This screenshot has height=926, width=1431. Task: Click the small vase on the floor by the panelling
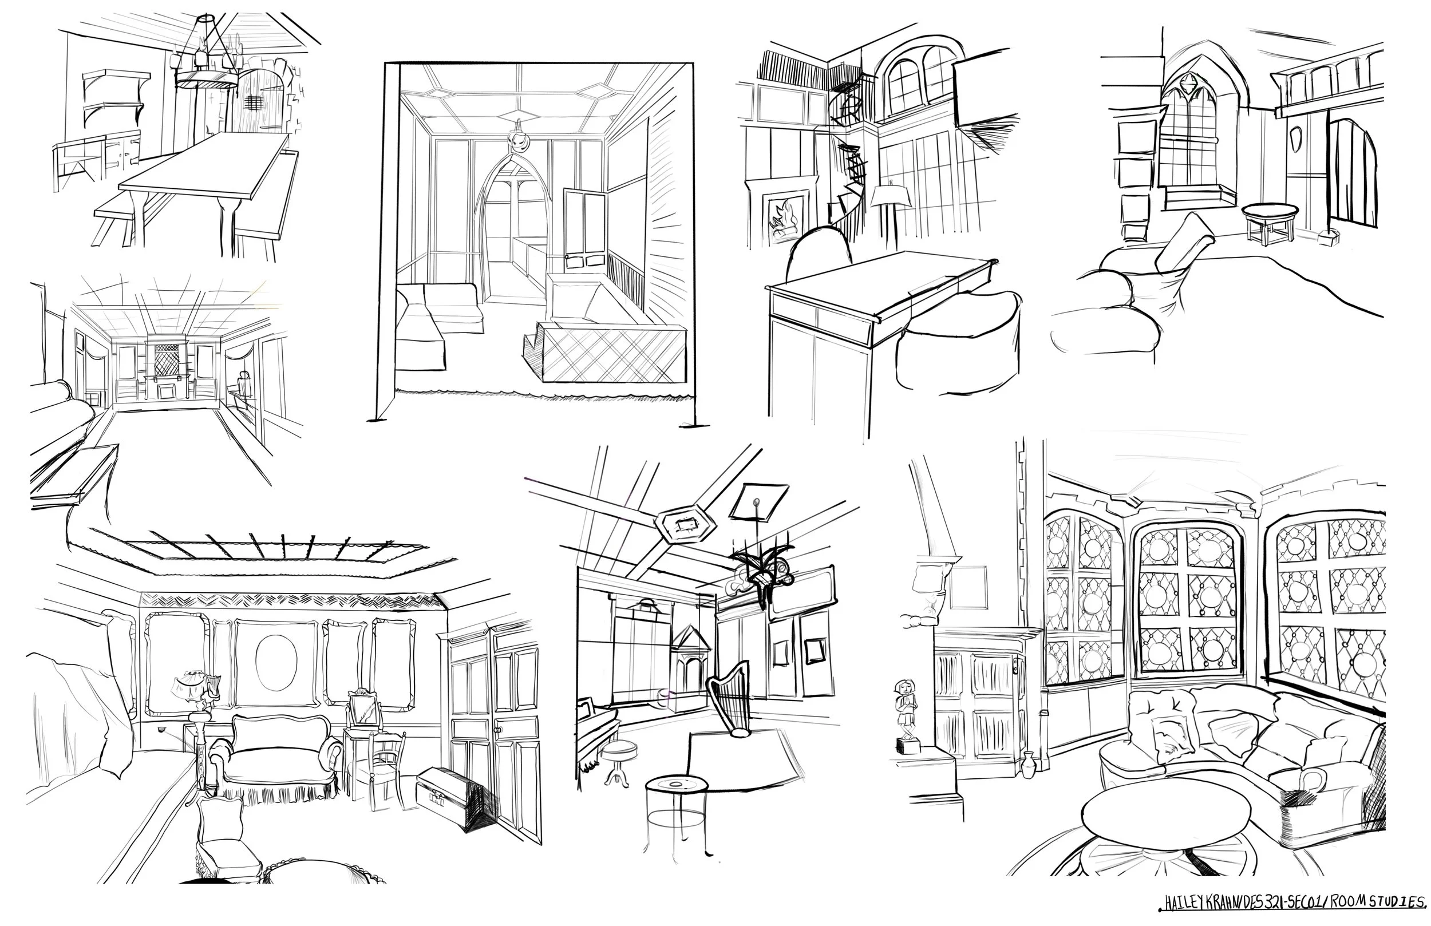coord(1027,764)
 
